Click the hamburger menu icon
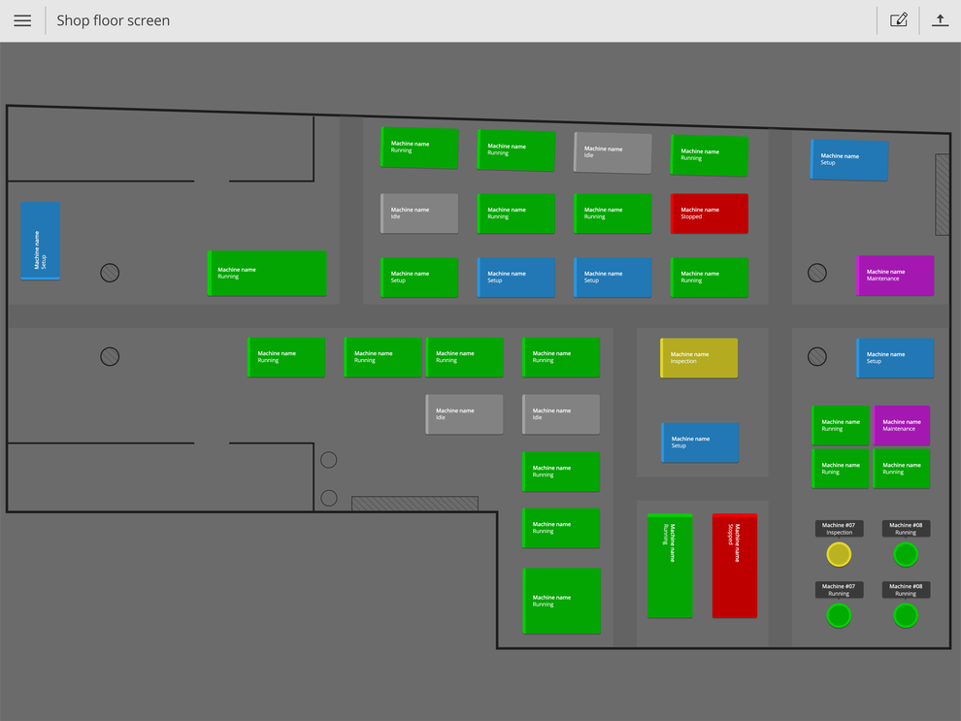pos(22,20)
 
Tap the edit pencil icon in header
pos(899,20)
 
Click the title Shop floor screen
pos(114,20)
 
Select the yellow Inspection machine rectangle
pos(699,358)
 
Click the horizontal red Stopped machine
pos(710,213)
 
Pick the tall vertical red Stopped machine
pos(734,566)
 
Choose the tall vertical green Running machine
pos(670,566)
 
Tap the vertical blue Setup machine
pos(41,241)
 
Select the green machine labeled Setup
pos(419,278)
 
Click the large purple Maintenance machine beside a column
pos(895,276)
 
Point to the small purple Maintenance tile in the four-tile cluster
pos(902,425)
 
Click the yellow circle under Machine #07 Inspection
pos(839,555)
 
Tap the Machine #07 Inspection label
pos(839,529)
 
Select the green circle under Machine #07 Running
pos(839,615)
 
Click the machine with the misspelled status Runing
pos(841,469)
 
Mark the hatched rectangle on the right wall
pos(942,194)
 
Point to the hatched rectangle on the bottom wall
pos(414,504)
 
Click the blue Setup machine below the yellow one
pos(700,442)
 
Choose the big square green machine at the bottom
pos(561,601)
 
